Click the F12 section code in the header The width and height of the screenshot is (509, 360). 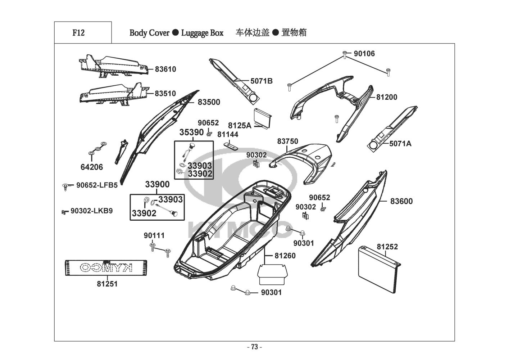(78, 33)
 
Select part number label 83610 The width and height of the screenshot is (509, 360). (165, 69)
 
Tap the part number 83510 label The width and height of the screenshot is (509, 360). (165, 94)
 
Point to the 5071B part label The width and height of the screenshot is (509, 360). (262, 81)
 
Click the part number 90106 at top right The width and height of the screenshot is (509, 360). (364, 54)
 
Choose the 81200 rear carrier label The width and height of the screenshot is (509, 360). (387, 97)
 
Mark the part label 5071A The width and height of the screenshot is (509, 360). (400, 144)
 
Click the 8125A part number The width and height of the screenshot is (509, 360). (240, 125)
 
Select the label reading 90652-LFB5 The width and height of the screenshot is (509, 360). (97, 185)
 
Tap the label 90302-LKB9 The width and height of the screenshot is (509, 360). (91, 211)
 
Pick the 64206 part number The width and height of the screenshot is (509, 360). (92, 167)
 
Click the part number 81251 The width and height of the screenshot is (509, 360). (107, 284)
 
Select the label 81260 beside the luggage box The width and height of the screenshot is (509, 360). (285, 256)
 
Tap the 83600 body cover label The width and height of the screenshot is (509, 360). (401, 201)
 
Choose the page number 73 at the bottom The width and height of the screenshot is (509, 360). (254, 347)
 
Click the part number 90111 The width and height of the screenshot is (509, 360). (154, 235)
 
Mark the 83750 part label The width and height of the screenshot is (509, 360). (287, 141)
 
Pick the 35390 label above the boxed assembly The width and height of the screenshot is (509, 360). (191, 132)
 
